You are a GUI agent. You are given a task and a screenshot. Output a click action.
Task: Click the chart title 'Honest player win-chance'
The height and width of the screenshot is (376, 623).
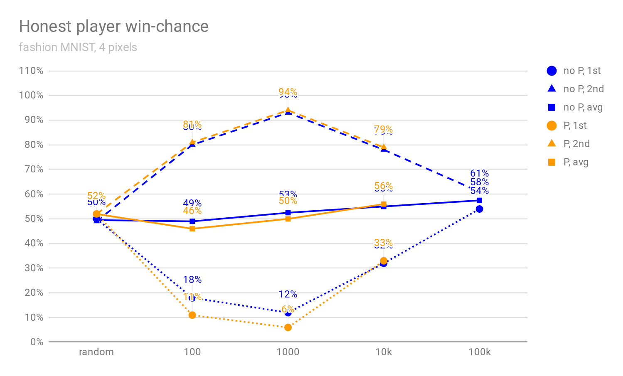click(x=113, y=26)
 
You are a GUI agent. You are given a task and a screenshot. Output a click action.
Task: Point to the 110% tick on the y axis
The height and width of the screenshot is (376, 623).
click(x=31, y=71)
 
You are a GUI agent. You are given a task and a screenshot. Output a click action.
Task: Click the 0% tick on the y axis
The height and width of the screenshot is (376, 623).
click(x=37, y=342)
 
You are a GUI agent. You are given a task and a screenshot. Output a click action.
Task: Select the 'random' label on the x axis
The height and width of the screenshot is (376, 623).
click(x=96, y=352)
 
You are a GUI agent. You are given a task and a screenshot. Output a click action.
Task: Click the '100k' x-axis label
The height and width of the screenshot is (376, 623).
click(x=479, y=352)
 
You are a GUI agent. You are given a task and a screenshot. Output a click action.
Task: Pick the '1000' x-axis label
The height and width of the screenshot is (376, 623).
click(x=288, y=352)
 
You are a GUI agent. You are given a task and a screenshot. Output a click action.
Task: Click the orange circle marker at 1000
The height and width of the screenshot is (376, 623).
click(x=288, y=327)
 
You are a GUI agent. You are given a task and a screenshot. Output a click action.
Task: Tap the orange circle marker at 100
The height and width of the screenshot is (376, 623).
click(x=192, y=315)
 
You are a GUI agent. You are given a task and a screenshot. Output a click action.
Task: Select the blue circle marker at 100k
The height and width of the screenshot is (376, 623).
click(x=479, y=209)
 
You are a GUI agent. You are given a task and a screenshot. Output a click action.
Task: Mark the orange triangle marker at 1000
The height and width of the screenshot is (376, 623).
click(x=288, y=111)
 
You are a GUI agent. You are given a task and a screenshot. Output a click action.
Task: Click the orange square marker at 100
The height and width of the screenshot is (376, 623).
click(x=192, y=229)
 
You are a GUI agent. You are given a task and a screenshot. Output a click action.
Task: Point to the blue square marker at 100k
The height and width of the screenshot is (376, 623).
click(x=479, y=200)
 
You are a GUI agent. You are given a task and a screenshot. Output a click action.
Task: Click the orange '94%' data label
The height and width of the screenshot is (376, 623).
click(x=288, y=91)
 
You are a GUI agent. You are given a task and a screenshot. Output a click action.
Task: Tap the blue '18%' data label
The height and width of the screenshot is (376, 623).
click(x=192, y=280)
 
